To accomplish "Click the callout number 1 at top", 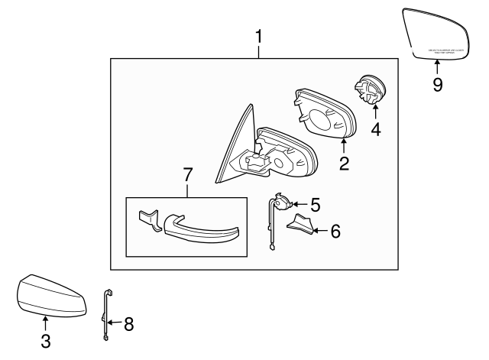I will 259,36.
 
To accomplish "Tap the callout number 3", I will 46,342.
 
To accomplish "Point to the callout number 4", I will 375,130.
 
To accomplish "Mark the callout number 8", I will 128,324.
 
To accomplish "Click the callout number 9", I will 437,83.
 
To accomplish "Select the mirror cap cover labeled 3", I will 49,294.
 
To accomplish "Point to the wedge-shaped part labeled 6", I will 300,225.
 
